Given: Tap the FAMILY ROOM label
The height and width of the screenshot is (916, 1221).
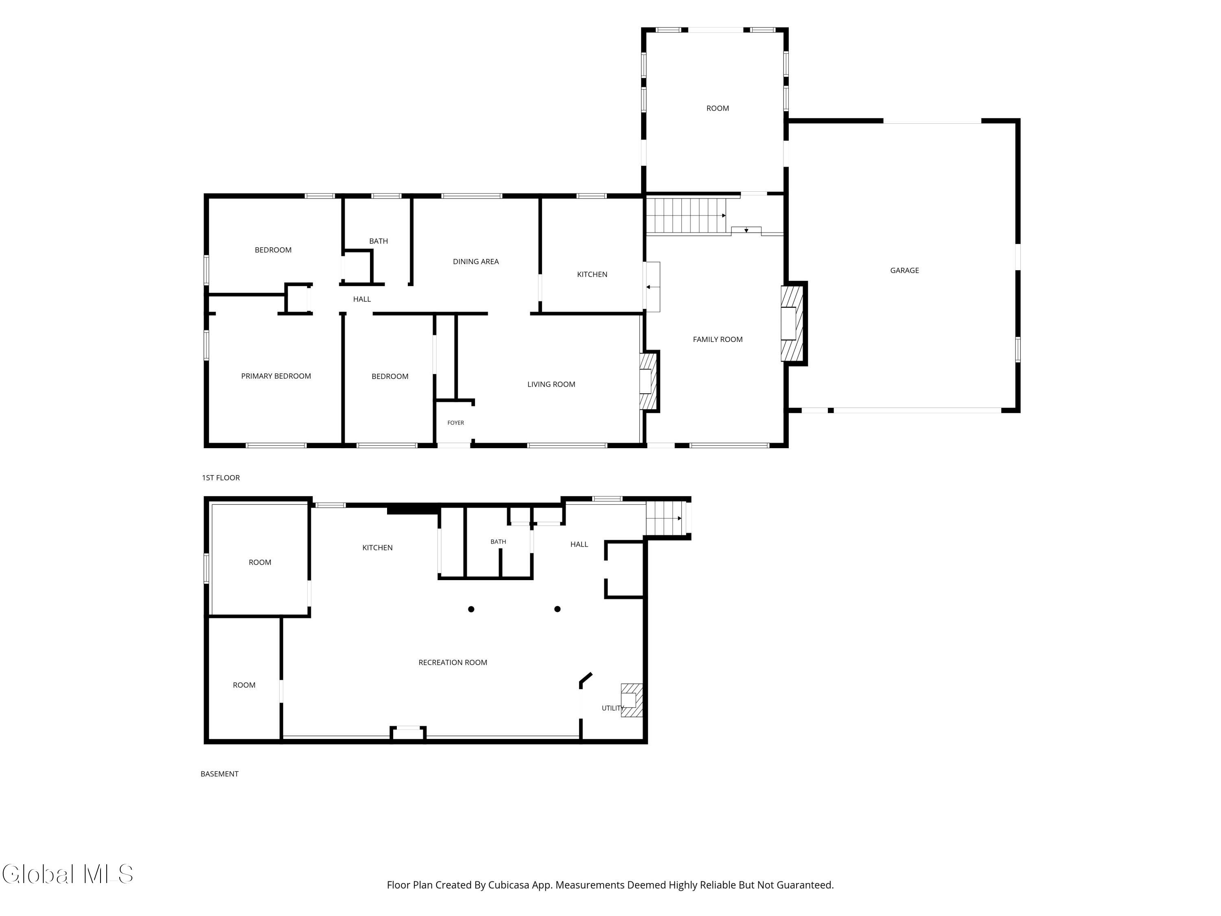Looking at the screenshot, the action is [x=718, y=340].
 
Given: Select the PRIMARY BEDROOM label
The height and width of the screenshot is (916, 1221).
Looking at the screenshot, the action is [x=276, y=376].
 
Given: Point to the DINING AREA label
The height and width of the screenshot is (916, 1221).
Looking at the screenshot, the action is [x=476, y=262].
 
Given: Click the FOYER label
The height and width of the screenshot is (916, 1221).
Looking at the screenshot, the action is [x=455, y=423].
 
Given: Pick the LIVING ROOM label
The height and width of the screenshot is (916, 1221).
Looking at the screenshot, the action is [x=551, y=384].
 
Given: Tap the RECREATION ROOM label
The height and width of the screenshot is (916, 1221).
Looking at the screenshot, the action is [x=453, y=662].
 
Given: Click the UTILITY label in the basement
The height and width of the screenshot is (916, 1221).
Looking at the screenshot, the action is [x=613, y=708].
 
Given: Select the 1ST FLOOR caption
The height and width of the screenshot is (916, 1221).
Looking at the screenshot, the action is [x=221, y=478].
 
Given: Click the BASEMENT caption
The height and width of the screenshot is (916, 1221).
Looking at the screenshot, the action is [x=220, y=774].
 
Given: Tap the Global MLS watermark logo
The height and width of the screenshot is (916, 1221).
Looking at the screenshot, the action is [x=67, y=874].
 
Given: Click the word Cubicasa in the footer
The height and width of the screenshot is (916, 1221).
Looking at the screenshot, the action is [x=508, y=885].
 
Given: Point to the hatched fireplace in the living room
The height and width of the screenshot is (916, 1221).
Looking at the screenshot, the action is [x=649, y=381].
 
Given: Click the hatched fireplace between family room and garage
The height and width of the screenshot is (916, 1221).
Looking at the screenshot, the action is [x=794, y=323].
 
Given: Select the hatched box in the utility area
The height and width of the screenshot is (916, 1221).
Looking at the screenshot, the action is [x=632, y=700].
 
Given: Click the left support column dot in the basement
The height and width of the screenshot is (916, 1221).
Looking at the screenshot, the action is [x=471, y=609].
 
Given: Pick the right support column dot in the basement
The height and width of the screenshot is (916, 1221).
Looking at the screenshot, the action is [x=558, y=609].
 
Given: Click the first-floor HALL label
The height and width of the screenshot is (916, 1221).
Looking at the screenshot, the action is [x=362, y=299].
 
